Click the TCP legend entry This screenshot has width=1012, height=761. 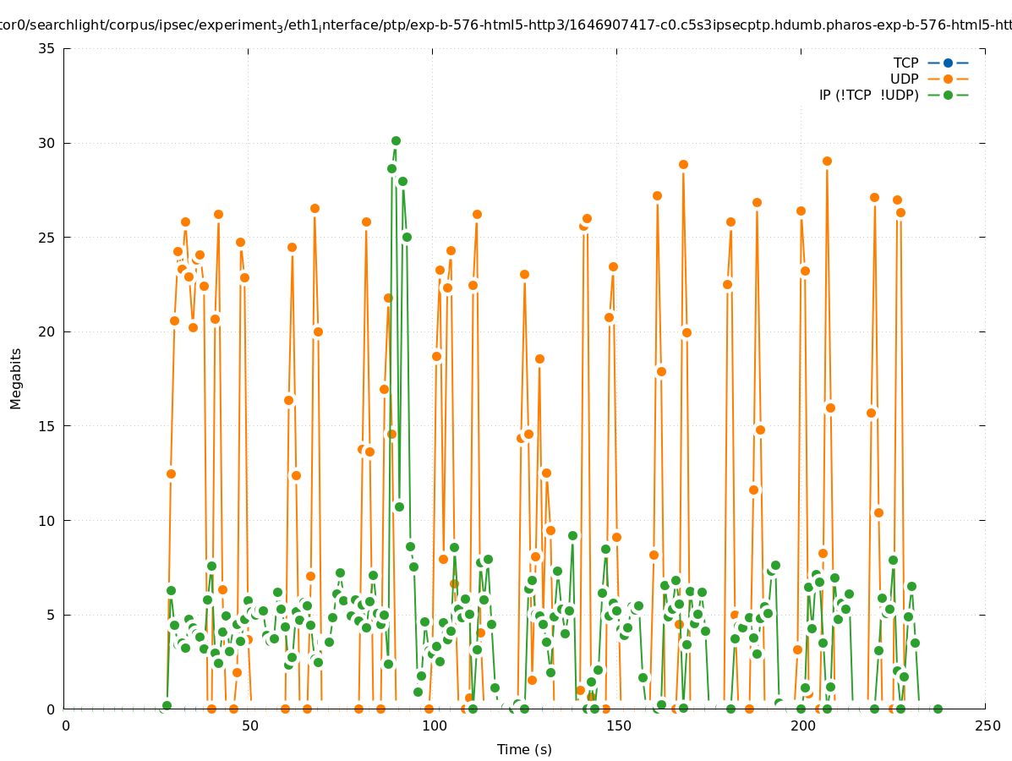pyautogui.click(x=905, y=63)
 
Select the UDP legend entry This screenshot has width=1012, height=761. pyautogui.click(x=904, y=79)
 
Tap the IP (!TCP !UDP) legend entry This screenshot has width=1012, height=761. pyautogui.click(x=868, y=95)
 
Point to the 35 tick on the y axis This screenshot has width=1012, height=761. pyautogui.click(x=47, y=48)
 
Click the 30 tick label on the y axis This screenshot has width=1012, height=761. pyautogui.click(x=47, y=143)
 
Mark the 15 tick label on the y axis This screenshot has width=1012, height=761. pyautogui.click(x=47, y=426)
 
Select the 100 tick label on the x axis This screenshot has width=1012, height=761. pyautogui.click(x=434, y=725)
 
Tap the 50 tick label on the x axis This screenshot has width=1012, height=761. pyautogui.click(x=249, y=725)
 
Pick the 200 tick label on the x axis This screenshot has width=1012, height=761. pyautogui.click(x=802, y=725)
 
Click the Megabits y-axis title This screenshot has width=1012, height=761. pyautogui.click(x=16, y=378)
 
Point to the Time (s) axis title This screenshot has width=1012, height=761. pyautogui.click(x=524, y=749)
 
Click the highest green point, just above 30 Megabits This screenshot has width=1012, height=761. pyautogui.click(x=396, y=140)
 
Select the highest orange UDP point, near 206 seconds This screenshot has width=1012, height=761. pyautogui.click(x=827, y=161)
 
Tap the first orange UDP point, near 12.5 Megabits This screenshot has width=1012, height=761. pyautogui.click(x=171, y=474)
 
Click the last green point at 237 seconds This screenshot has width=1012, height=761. pyautogui.click(x=938, y=709)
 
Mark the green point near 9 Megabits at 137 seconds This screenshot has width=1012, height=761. pyautogui.click(x=572, y=535)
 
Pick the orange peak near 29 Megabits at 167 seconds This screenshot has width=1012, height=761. pyautogui.click(x=683, y=164)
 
